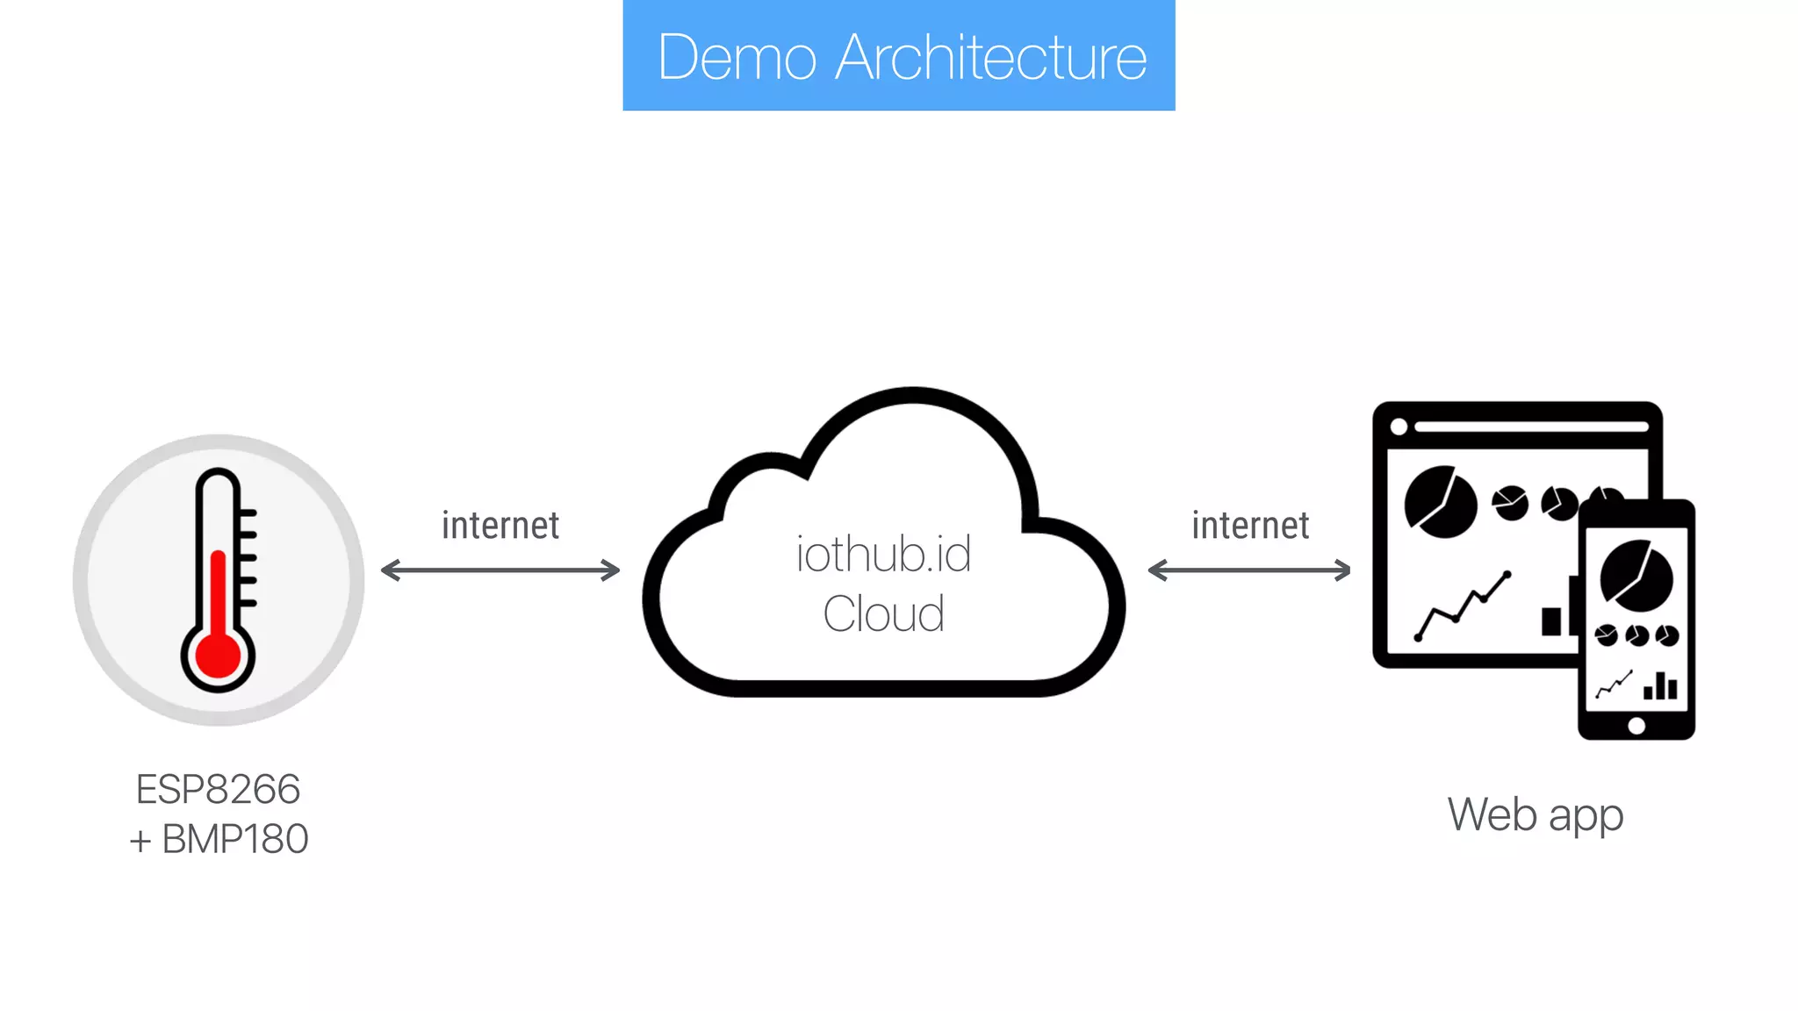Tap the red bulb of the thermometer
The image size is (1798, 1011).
pyautogui.click(x=218, y=656)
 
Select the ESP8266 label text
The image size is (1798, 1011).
pyautogui.click(x=218, y=789)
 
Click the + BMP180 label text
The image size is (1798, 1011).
pyautogui.click(x=219, y=839)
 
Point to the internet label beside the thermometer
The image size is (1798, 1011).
pyautogui.click(x=500, y=525)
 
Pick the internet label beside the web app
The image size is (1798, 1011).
pyautogui.click(x=1250, y=525)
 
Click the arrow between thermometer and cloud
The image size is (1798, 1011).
pyautogui.click(x=500, y=570)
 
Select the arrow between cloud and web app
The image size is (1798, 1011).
pyautogui.click(x=1249, y=570)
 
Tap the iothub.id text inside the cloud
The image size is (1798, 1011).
pyautogui.click(x=883, y=555)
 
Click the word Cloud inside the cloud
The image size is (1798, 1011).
pyautogui.click(x=883, y=613)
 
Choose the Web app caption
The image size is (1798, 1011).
pyautogui.click(x=1535, y=814)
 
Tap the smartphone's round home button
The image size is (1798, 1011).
pyautogui.click(x=1636, y=726)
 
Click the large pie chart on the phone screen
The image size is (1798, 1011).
pyautogui.click(x=1636, y=577)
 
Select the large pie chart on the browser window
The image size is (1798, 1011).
pyautogui.click(x=1440, y=503)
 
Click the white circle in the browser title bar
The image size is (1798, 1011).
pyautogui.click(x=1399, y=427)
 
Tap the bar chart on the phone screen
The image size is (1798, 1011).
pyautogui.click(x=1660, y=685)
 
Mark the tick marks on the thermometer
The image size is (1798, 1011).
pyautogui.click(x=248, y=557)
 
